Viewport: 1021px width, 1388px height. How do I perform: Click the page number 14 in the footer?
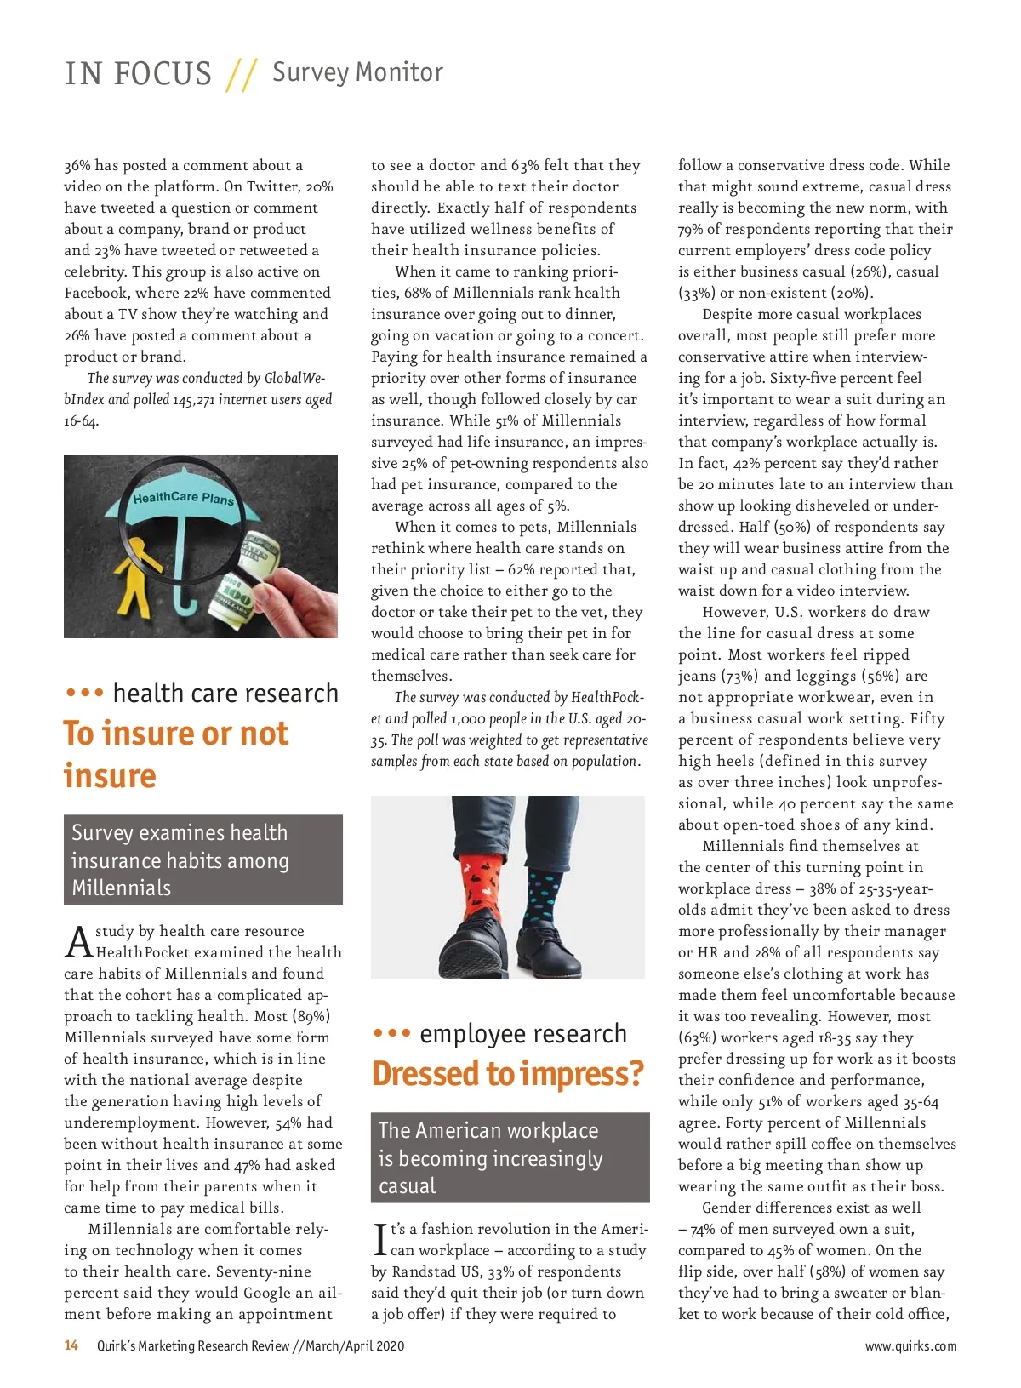pos(71,1345)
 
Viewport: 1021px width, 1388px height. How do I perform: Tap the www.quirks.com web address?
pos(910,1346)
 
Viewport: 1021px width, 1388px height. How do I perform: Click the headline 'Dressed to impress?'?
pos(507,1074)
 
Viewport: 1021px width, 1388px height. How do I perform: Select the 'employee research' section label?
pos(522,1034)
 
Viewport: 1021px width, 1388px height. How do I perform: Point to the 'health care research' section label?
pos(225,694)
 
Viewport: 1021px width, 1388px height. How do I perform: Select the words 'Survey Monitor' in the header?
pos(357,72)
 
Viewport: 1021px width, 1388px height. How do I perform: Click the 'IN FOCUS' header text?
pos(138,74)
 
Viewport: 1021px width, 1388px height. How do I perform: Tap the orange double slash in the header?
pos(242,75)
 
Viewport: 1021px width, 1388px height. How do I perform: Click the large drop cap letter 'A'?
pos(79,942)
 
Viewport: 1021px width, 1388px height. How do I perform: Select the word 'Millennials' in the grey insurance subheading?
pos(122,888)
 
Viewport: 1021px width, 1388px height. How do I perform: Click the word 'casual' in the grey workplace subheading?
pos(407,1186)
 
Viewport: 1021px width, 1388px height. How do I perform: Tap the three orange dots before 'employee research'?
pos(391,1034)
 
